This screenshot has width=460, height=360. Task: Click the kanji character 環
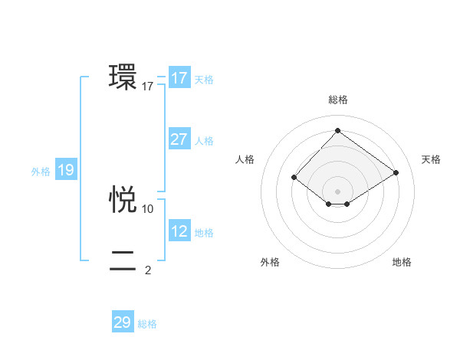coord(123,77)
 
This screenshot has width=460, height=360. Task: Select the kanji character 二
coord(123,261)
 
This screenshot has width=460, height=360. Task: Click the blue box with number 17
coord(179,78)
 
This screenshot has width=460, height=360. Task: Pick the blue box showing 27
coord(179,139)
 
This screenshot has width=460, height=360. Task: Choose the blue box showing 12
coord(179,231)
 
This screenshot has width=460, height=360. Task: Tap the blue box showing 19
coord(65,170)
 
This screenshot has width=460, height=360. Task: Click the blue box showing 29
coord(122,322)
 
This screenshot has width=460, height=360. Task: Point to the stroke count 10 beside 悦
coord(148,208)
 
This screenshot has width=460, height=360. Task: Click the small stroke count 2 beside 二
coord(148,270)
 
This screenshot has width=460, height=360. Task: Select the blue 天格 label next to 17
coord(204,80)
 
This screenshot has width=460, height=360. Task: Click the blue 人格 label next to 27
coord(204,141)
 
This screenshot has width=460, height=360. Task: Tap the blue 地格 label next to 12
coord(204,233)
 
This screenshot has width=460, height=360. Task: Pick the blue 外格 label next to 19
coord(41,172)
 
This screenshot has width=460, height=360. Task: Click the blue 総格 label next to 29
coord(147,324)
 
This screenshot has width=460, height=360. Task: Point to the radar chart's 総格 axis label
coord(337,100)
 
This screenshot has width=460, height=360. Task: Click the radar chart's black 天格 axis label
coord(431,159)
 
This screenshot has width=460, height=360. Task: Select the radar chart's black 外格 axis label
coord(270,262)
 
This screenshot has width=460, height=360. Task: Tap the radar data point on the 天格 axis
coord(396,173)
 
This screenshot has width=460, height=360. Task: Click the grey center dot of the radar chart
coord(337,191)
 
